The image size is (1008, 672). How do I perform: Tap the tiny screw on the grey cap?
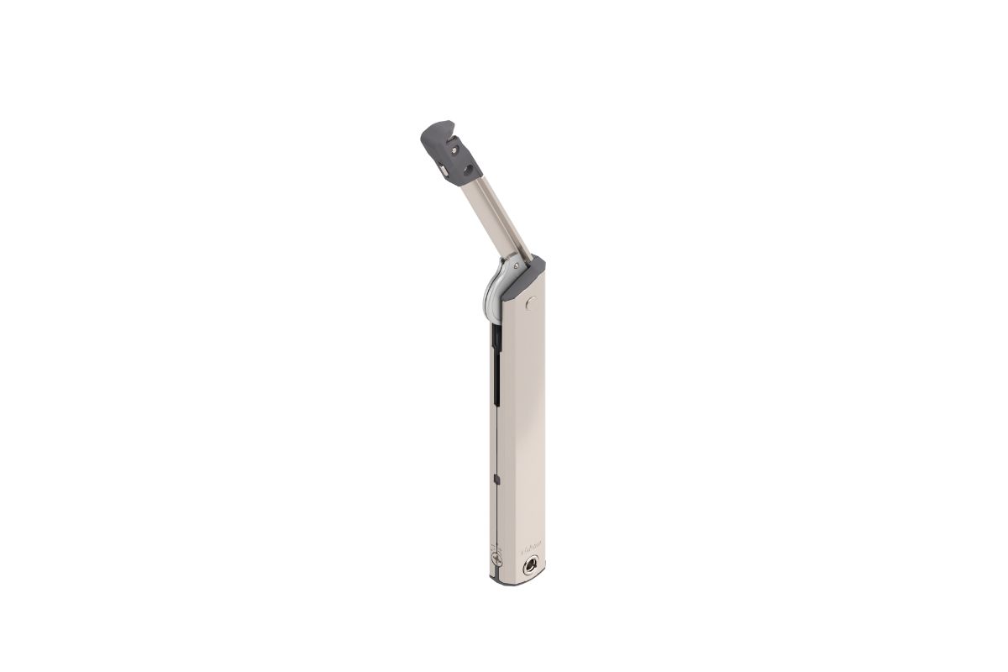click(454, 149)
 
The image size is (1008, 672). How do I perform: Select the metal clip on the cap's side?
click(444, 171)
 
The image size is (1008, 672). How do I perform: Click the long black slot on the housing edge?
click(494, 361)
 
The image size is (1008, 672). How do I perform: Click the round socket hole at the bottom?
click(532, 566)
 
